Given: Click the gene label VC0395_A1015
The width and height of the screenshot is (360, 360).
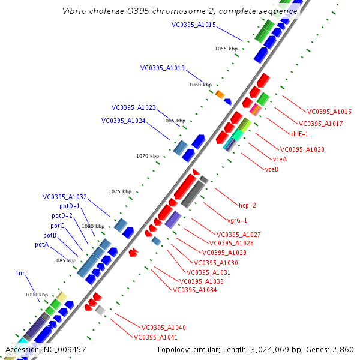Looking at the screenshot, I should click(193, 25).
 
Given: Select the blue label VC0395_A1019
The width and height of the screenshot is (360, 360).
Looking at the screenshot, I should click(162, 68).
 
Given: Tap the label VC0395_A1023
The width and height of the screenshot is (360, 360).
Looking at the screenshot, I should click(133, 108).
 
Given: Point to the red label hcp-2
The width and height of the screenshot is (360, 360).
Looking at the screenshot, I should click(247, 205).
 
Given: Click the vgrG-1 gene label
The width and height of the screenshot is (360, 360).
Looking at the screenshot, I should click(237, 220).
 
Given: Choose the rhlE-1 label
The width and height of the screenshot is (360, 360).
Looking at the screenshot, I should click(299, 134).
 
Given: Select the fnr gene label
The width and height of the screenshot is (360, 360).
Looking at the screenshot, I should click(20, 273).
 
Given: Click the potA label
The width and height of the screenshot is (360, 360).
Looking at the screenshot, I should click(41, 245).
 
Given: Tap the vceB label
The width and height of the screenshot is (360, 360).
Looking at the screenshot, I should click(271, 169).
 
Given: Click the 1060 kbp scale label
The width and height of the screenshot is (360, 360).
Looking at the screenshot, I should click(200, 85).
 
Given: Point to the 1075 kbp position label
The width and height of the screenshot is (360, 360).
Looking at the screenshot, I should click(119, 191).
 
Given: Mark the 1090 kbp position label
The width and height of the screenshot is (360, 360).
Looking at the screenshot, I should click(36, 295).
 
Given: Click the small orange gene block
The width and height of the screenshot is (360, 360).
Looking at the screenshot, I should click(220, 94).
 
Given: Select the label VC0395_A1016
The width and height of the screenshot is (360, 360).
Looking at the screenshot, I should click(329, 112).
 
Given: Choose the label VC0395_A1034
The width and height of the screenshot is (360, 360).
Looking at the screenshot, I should click(194, 290).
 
